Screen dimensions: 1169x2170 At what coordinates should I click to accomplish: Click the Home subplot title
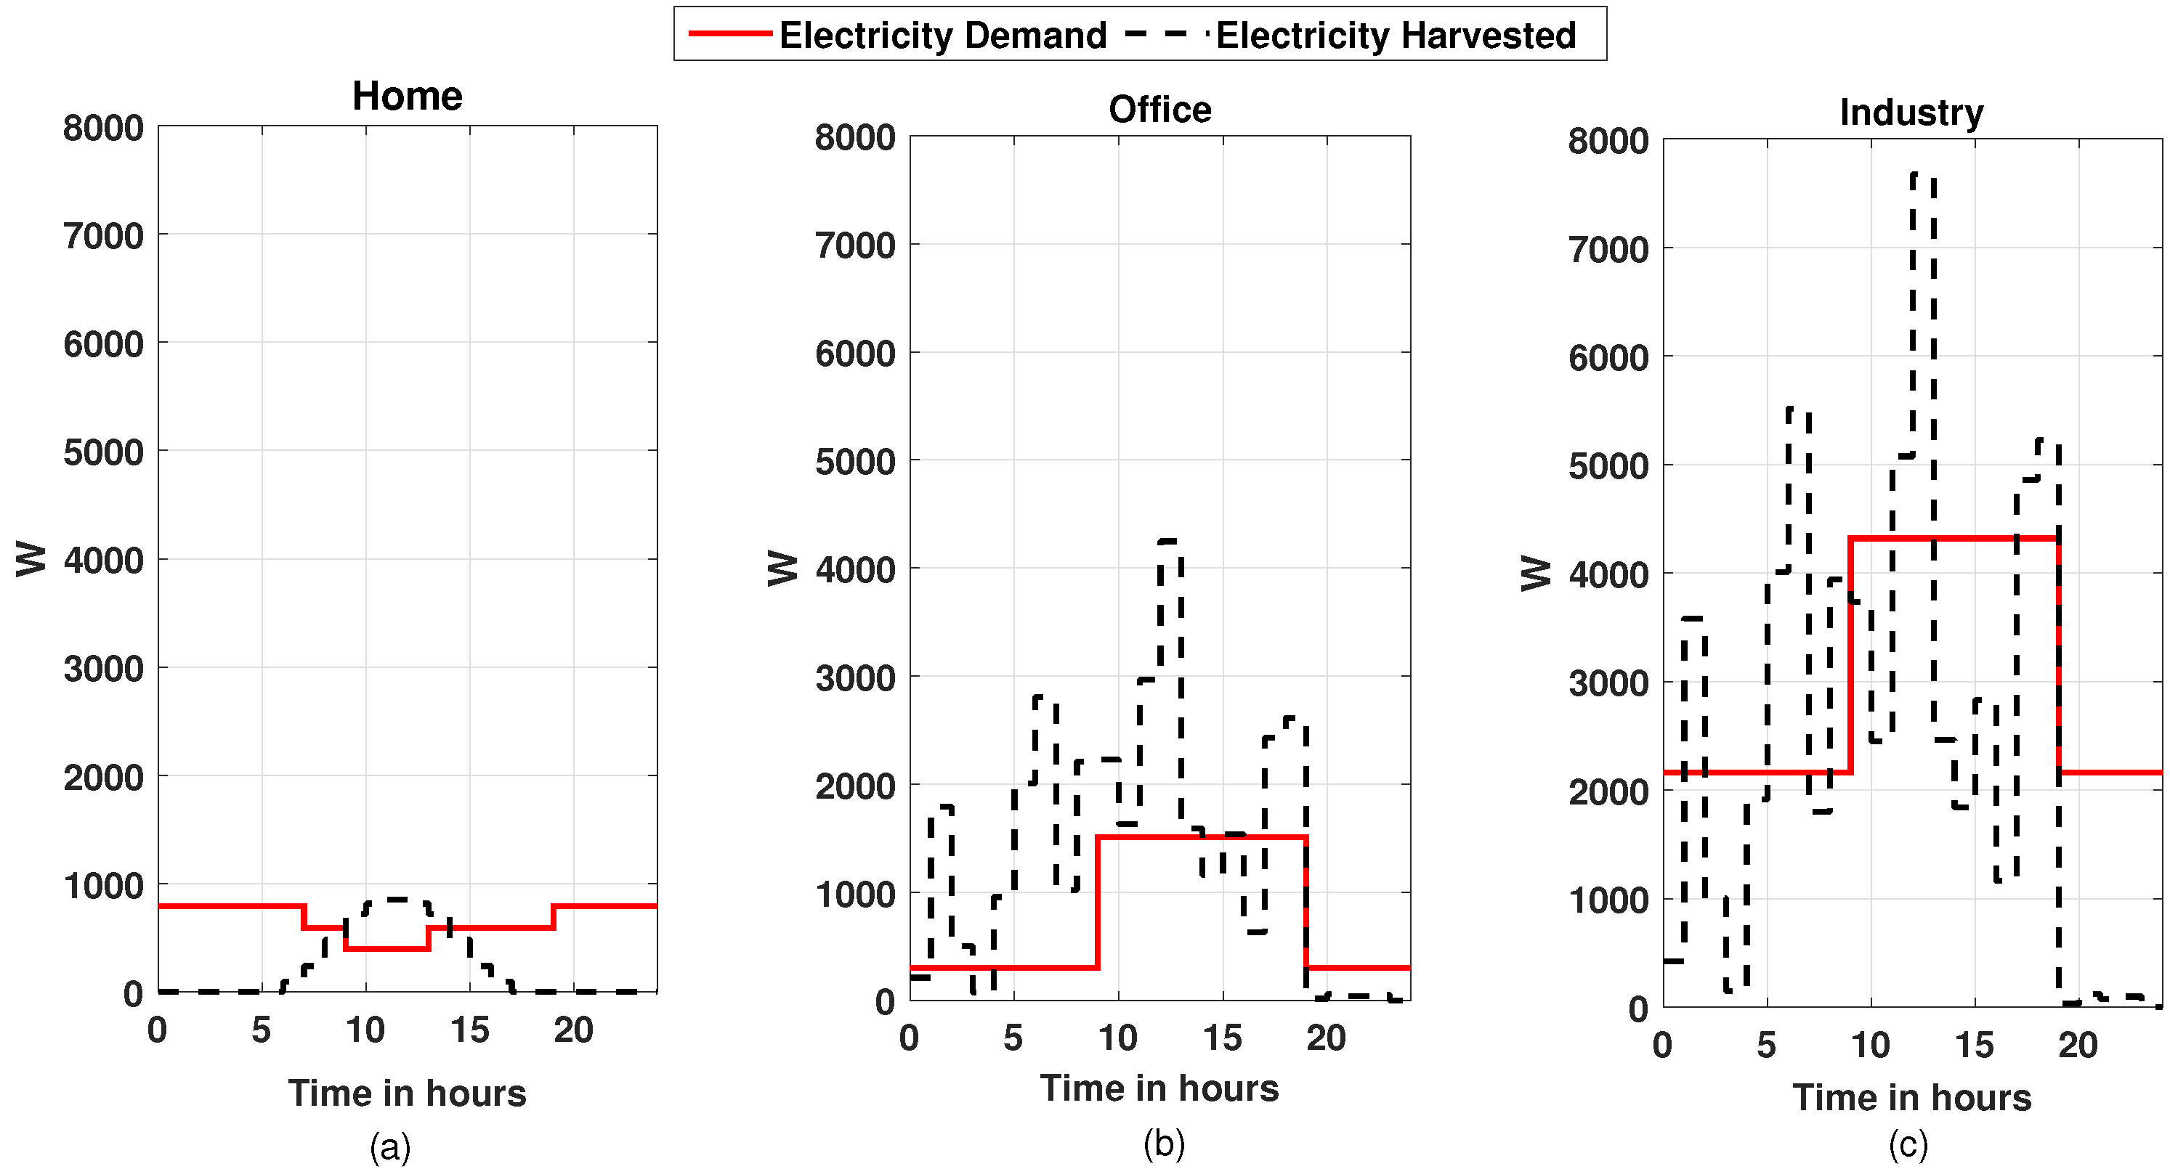point(407,96)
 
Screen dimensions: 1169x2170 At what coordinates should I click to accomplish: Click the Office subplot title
point(1159,110)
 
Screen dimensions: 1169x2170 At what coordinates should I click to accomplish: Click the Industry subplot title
point(1911,112)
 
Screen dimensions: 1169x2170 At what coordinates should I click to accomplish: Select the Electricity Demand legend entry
point(898,36)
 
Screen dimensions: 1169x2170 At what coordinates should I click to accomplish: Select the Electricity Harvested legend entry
point(1351,36)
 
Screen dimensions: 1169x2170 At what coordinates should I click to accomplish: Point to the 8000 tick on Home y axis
point(102,128)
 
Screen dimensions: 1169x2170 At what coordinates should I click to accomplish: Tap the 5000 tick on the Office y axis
point(854,462)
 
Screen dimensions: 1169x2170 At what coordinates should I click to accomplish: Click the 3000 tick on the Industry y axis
point(1607,683)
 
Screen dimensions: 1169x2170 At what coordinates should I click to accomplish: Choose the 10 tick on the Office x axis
point(1117,1038)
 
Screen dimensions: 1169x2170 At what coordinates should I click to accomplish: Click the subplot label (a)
point(390,1146)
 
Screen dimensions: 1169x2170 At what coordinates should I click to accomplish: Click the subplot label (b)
point(1163,1143)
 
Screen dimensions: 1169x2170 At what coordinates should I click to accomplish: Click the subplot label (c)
point(1907,1144)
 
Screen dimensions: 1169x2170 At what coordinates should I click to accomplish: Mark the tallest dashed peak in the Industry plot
point(1922,174)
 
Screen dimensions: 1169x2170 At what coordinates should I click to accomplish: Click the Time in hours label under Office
point(1159,1088)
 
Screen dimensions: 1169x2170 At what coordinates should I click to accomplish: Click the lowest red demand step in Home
point(386,949)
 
